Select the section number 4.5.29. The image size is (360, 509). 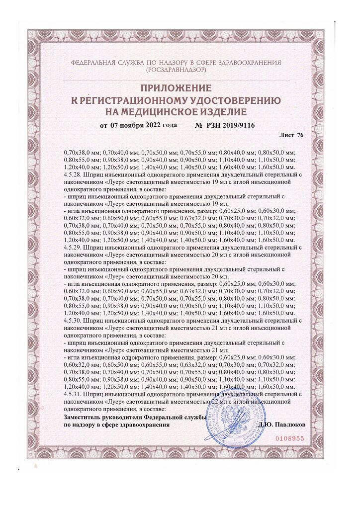click(74, 247)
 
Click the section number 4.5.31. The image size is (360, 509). click(74, 393)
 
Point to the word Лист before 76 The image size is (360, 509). click(287, 135)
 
